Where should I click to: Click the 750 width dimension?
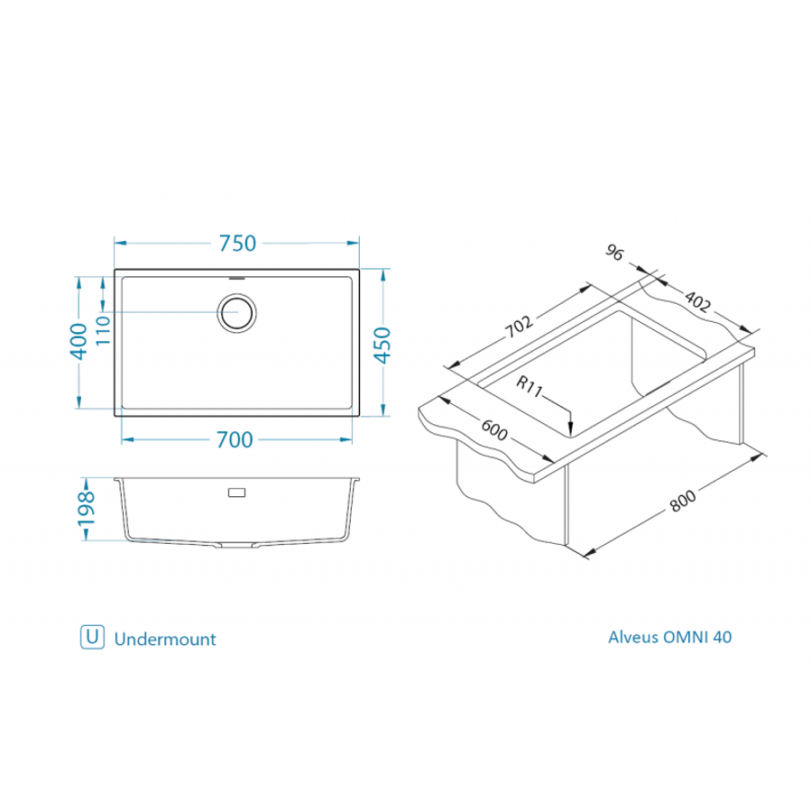tap(237, 244)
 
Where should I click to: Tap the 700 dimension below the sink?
tap(234, 440)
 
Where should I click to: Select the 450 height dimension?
tap(382, 344)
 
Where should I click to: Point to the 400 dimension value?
tap(79, 343)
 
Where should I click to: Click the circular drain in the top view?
tap(237, 312)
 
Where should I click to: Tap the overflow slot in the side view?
tap(236, 493)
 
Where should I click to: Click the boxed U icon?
tap(90, 637)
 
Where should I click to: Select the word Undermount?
tap(165, 639)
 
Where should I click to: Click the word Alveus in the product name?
tap(633, 637)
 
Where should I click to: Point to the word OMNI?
tap(686, 637)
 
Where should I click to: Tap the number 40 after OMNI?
tap(723, 637)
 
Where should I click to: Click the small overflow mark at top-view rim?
tap(237, 277)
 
